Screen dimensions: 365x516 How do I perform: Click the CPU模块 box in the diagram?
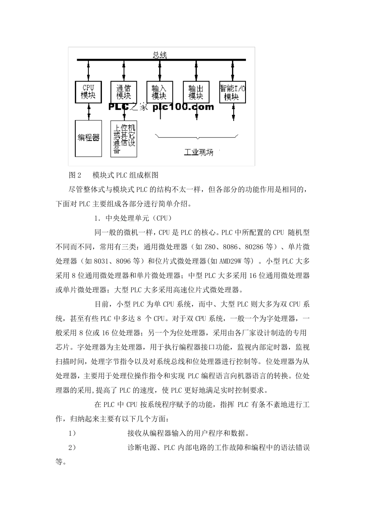(x=88, y=92)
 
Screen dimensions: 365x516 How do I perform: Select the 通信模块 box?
(x=124, y=92)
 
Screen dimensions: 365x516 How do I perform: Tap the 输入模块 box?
(x=159, y=92)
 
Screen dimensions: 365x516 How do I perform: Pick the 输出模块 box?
(x=196, y=92)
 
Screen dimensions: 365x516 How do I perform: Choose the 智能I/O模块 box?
(x=232, y=92)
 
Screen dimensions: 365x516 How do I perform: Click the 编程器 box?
(x=88, y=138)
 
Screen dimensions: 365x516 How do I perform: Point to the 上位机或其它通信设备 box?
(x=124, y=139)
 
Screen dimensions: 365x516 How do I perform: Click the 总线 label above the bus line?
(x=160, y=55)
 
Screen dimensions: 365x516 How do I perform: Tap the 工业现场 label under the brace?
(x=198, y=152)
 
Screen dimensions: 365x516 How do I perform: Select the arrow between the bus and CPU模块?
(x=88, y=71)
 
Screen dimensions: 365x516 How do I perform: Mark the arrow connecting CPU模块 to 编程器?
(x=88, y=112)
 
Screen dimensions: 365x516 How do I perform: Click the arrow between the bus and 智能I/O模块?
(x=232, y=71)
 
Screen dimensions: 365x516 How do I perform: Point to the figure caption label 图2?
(x=75, y=175)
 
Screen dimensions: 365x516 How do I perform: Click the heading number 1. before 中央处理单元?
(x=97, y=218)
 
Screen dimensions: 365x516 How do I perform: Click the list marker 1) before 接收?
(x=72, y=433)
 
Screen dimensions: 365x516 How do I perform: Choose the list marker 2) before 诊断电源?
(x=72, y=447)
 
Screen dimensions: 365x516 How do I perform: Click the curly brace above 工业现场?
(x=197, y=137)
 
